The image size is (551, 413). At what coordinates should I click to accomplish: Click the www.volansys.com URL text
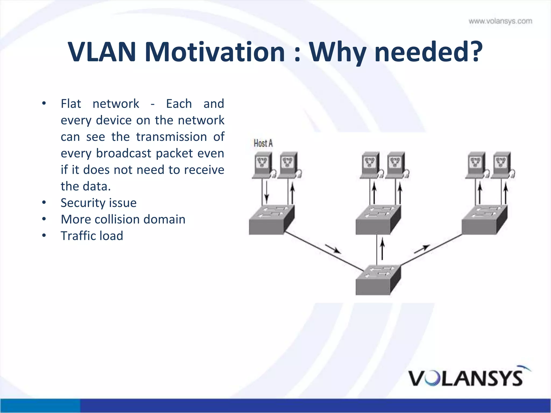[500, 21]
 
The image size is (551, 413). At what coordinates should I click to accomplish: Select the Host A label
[263, 143]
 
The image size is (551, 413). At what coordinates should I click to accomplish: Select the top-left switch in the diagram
[271, 220]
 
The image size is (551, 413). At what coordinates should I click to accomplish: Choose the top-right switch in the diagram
[484, 220]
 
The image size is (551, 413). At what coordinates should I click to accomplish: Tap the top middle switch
[378, 220]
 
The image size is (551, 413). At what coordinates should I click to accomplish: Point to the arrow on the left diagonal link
[333, 249]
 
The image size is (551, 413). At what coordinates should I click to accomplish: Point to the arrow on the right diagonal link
[422, 249]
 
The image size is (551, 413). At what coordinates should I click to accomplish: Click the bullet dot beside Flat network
[44, 104]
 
